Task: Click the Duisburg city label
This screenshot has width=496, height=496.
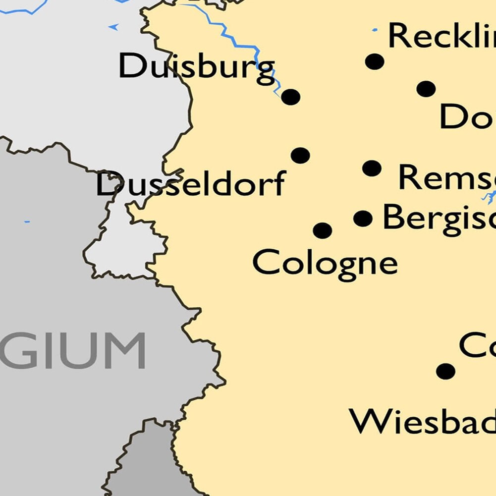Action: pyautogui.click(x=196, y=67)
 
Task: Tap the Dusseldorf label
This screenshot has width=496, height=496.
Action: pyautogui.click(x=191, y=184)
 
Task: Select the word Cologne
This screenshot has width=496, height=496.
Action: pyautogui.click(x=325, y=263)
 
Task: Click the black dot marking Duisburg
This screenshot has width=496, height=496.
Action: pyautogui.click(x=291, y=97)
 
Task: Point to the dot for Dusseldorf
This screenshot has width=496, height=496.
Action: pyautogui.click(x=300, y=156)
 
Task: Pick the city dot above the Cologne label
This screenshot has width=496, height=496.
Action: pyautogui.click(x=323, y=230)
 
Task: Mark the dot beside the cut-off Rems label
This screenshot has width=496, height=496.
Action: pyautogui.click(x=372, y=168)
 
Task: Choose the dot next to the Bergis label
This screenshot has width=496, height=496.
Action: pyautogui.click(x=363, y=218)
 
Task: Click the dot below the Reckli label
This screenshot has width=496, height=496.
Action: pyautogui.click(x=375, y=61)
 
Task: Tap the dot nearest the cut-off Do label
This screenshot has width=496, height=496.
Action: pyautogui.click(x=426, y=89)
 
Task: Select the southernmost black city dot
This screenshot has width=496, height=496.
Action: pyautogui.click(x=445, y=371)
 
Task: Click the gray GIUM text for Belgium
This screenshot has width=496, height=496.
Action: pyautogui.click(x=74, y=351)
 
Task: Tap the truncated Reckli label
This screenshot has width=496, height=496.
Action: pyautogui.click(x=441, y=36)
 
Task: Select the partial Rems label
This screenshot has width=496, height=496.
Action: pyautogui.click(x=446, y=177)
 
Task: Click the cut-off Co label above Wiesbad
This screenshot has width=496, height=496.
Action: pyautogui.click(x=477, y=345)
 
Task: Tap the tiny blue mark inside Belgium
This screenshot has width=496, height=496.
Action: pyautogui.click(x=27, y=221)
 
